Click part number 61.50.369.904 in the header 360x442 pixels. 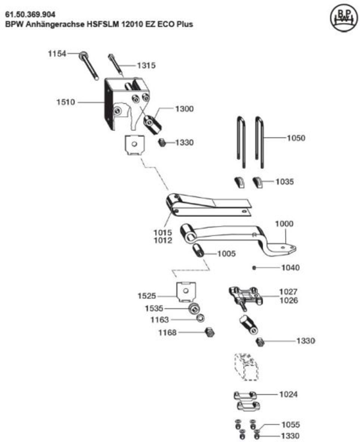pyautogui.click(x=31, y=15)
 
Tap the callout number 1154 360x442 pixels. pyautogui.click(x=57, y=53)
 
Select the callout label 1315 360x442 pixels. pyautogui.click(x=146, y=65)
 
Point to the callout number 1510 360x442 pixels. pyautogui.click(x=66, y=102)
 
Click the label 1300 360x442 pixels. pyautogui.click(x=184, y=109)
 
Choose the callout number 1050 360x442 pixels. pyautogui.click(x=296, y=138)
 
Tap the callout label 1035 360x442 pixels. pyautogui.click(x=285, y=181)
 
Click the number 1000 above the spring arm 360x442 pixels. pyautogui.click(x=284, y=224)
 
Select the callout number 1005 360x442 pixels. pyautogui.click(x=226, y=254)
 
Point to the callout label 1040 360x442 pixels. pyautogui.click(x=291, y=268)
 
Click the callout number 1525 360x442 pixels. pyautogui.click(x=147, y=296)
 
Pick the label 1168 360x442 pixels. pyautogui.click(x=167, y=333)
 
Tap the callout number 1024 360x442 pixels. pyautogui.click(x=288, y=394)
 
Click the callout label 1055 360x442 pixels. pyautogui.click(x=291, y=424)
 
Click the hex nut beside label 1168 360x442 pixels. pyautogui.click(x=210, y=332)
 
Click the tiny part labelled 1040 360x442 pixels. pyautogui.click(x=254, y=268)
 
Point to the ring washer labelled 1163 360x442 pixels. pyautogui.click(x=201, y=318)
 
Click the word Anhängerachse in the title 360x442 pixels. pyautogui.click(x=55, y=24)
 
